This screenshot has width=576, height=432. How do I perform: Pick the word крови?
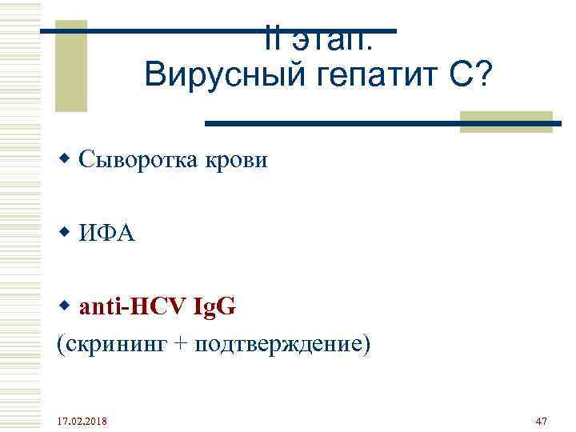click(240, 160)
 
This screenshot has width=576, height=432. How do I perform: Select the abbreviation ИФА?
click(107, 234)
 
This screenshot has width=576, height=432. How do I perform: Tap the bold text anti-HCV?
click(131, 306)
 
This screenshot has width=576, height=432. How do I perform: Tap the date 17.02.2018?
click(84, 421)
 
